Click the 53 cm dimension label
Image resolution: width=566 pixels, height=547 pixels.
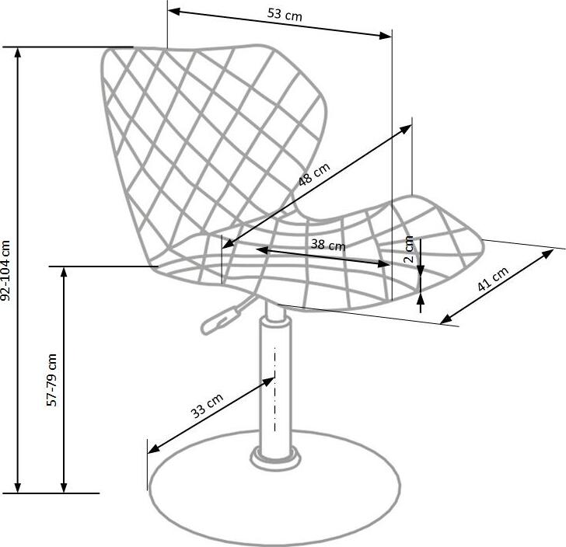285,15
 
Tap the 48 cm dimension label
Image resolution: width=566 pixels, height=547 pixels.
314,174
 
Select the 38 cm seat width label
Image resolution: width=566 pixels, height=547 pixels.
328,245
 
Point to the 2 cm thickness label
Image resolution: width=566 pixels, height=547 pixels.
409,249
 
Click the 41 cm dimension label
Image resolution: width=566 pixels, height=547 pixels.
493,279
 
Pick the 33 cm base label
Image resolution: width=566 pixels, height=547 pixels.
207,406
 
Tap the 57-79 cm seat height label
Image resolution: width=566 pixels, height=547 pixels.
52,380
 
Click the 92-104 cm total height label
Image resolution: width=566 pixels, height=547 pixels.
6,270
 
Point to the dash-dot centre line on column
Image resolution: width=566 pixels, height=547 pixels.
275,389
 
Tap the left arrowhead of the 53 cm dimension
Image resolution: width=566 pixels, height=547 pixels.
174,11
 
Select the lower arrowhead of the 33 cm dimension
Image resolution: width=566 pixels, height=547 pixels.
154,448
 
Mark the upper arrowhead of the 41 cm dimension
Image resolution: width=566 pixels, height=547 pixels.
547,253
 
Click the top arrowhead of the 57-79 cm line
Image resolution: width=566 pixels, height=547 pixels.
64,273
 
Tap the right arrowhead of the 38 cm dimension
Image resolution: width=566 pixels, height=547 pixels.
383,263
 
